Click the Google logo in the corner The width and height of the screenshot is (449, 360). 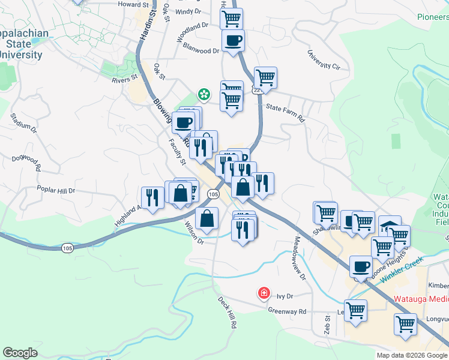pos(20,353)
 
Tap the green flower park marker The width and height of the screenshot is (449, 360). pos(204,95)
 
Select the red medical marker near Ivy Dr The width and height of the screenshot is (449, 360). pos(263,293)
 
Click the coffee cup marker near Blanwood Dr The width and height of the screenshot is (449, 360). pos(233,41)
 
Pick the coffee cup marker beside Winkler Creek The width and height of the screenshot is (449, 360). pos(361,266)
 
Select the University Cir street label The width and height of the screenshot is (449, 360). pos(324,60)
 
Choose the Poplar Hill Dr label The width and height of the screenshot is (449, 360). pos(56,190)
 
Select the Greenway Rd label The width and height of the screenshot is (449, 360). pos(287,311)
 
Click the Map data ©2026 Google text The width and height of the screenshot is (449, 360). pos(411,355)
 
